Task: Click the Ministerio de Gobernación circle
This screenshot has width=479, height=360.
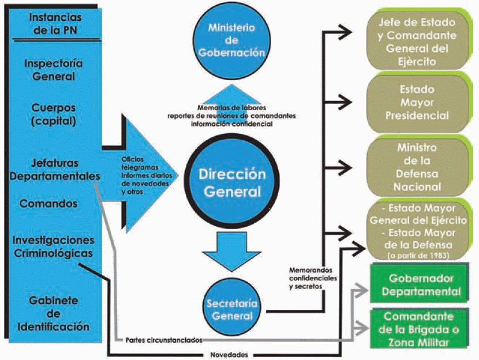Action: [x=231, y=38]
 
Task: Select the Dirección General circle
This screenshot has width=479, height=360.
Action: [x=232, y=182]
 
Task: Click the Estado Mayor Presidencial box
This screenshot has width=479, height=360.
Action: [x=424, y=103]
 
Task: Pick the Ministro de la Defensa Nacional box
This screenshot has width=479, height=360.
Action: [x=424, y=167]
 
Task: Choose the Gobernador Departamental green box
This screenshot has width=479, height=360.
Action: [x=424, y=285]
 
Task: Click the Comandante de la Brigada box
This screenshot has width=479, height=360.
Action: [x=424, y=329]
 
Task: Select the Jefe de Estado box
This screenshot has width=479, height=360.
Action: [x=424, y=41]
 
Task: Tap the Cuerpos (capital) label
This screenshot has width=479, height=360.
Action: [x=53, y=114]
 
